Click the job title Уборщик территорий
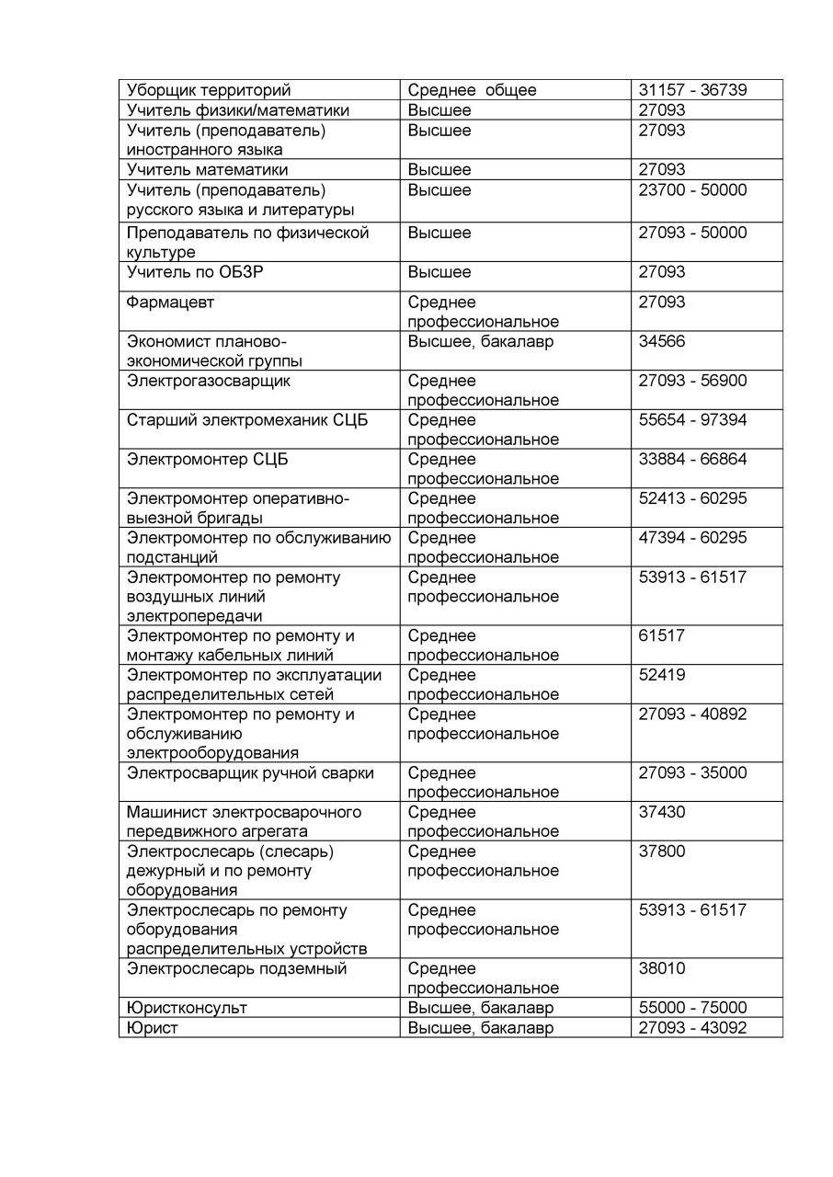(209, 90)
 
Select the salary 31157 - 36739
(692, 90)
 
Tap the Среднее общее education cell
(472, 90)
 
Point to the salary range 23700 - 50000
(692, 190)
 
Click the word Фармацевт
(171, 303)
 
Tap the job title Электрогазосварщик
(209, 381)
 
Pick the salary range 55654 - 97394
(692, 420)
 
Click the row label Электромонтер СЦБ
(208, 460)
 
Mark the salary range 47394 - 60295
(692, 538)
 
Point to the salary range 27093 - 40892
(692, 714)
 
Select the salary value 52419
(662, 675)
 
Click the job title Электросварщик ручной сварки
(250, 773)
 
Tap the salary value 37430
(662, 813)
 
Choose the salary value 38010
(662, 969)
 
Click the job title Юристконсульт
(187, 1008)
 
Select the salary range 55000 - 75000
(692, 1008)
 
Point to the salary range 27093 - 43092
(692, 1028)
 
